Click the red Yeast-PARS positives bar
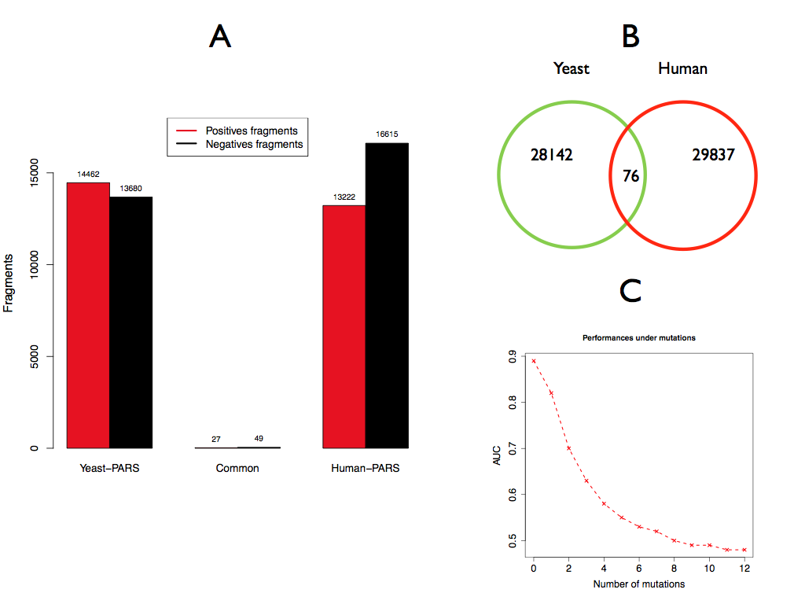(x=88, y=315)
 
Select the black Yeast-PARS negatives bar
(x=130, y=322)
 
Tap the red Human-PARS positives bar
(x=344, y=326)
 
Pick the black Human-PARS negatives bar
(x=387, y=296)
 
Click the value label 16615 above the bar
(x=387, y=135)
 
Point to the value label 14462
(x=88, y=175)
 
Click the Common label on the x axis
(x=237, y=469)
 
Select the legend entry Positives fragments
(x=251, y=131)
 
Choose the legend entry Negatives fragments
(x=253, y=145)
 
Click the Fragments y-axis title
(x=9, y=283)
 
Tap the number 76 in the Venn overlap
(x=630, y=176)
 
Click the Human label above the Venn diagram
(x=682, y=68)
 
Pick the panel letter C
(x=630, y=290)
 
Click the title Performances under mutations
(x=639, y=337)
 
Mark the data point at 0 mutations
(x=534, y=361)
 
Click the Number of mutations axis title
(x=639, y=584)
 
